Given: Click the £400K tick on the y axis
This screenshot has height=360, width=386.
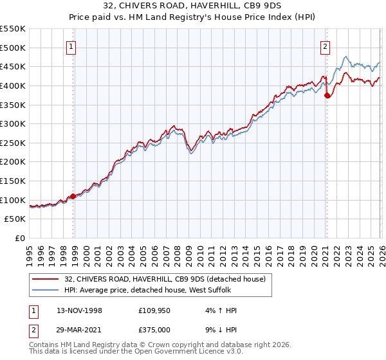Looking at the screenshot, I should tap(13, 85).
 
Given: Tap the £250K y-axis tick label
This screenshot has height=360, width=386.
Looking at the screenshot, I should tap(13, 143).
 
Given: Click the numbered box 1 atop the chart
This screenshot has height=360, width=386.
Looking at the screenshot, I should tap(70, 46).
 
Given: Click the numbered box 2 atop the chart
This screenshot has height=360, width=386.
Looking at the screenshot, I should tap(326, 46).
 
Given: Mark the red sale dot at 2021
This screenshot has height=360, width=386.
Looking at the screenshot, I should tap(327, 96).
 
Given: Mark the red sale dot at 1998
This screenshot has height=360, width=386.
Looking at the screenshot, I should tap(73, 197).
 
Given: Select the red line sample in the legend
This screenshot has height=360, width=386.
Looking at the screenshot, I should tap(46, 278).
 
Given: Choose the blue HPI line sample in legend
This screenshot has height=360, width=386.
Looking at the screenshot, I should tap(46, 290).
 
